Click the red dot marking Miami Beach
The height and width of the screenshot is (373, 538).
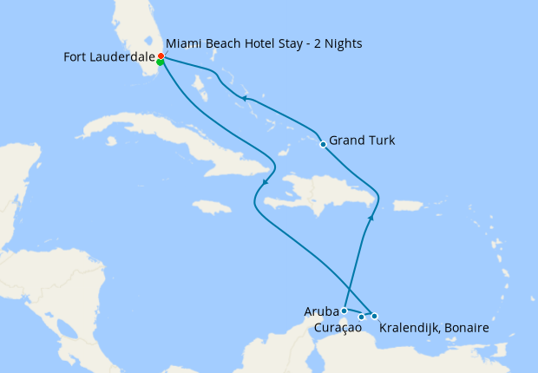point(161,56)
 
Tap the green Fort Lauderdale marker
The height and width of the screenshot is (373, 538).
point(161,62)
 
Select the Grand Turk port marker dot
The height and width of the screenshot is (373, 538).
point(323,144)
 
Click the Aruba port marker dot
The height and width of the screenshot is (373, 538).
point(344,311)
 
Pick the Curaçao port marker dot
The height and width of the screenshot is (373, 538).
point(361,317)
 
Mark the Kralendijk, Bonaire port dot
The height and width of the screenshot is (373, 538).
point(374,316)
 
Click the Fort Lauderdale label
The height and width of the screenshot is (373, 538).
point(109,57)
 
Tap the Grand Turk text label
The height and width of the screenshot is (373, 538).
point(362,141)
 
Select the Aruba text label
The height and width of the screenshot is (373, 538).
point(320,311)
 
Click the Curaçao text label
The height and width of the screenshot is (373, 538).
point(337,329)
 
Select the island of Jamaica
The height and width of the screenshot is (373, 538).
point(212,206)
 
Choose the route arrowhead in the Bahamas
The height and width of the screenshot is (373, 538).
point(246,98)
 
